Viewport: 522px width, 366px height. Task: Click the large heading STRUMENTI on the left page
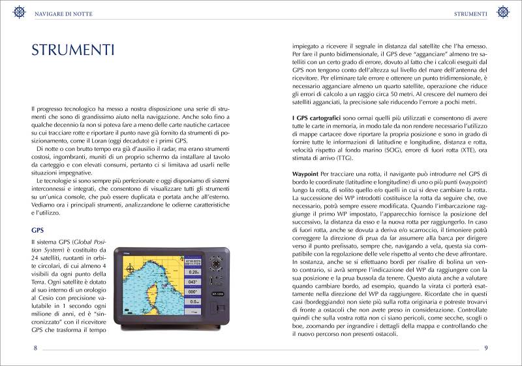[x=73, y=50]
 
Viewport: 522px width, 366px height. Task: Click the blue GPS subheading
[x=38, y=230]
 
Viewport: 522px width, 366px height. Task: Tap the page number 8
[x=35, y=348]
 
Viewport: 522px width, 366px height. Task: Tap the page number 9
[x=486, y=348]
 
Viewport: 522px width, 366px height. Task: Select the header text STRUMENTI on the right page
[x=470, y=14]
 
